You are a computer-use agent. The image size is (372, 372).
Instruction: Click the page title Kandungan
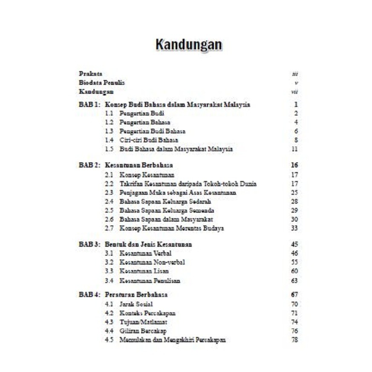(x=188, y=45)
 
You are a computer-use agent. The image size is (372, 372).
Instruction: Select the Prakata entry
(x=90, y=73)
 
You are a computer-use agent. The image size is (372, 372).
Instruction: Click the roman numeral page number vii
(x=294, y=92)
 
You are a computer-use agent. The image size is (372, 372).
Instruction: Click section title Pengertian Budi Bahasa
(x=152, y=131)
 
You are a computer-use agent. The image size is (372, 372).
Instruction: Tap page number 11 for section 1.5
(x=294, y=149)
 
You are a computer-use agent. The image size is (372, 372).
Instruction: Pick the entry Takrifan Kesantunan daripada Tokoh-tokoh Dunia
(x=188, y=184)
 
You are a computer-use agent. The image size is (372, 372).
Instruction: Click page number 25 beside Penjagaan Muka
(x=294, y=193)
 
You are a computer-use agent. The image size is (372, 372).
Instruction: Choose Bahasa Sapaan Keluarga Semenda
(x=167, y=211)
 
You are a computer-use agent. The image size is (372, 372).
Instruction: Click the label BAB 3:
(x=89, y=245)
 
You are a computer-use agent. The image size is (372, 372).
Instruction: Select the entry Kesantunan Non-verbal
(x=152, y=262)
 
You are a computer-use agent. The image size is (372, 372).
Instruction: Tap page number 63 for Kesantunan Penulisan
(x=294, y=281)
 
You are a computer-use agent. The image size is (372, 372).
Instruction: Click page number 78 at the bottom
(x=294, y=340)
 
